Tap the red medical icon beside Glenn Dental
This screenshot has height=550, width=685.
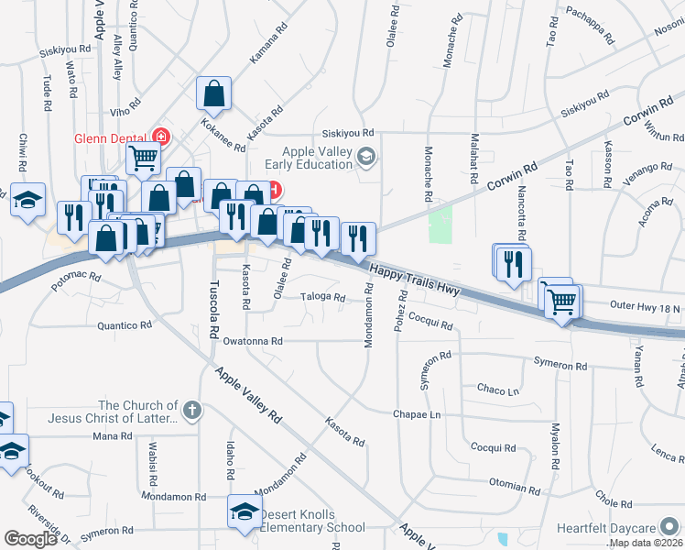click(162, 137)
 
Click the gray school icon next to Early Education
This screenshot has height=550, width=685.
click(366, 158)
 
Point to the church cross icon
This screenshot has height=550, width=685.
click(190, 410)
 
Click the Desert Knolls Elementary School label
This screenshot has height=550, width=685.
click(312, 521)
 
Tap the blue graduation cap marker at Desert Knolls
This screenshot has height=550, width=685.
click(245, 512)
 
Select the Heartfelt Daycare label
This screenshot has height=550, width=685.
click(607, 529)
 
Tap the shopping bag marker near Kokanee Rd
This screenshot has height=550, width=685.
click(213, 93)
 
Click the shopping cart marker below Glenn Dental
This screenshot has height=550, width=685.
click(143, 159)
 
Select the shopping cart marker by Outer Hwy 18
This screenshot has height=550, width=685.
click(562, 299)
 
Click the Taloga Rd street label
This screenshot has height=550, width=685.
click(324, 297)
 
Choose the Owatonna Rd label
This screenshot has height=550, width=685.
click(253, 340)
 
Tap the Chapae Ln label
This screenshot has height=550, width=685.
click(418, 414)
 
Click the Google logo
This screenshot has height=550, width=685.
click(30, 539)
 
